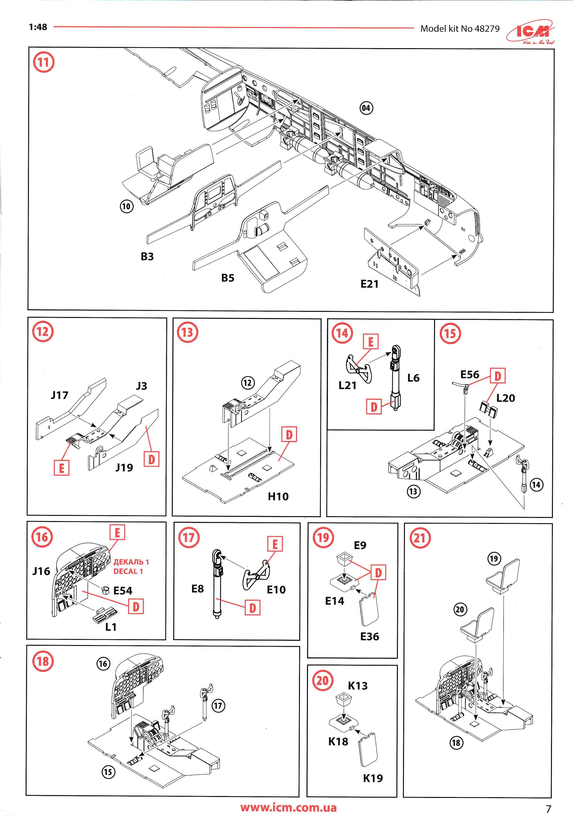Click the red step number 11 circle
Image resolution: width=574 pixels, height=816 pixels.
coord(43,62)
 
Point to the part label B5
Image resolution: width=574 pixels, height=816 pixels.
coord(228,278)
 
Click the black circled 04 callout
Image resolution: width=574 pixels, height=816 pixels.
coord(366,108)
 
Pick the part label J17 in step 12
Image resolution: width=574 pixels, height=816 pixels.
coord(59,395)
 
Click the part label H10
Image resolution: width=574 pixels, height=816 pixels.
coord(278,496)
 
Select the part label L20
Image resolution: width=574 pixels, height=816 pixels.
coord(505,398)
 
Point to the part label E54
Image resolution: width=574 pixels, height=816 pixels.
coord(123,591)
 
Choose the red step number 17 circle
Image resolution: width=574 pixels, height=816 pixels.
coord(189,538)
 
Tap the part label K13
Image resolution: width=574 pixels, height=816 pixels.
coord(357,686)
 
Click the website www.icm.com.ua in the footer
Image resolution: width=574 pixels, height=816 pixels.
coord(288,808)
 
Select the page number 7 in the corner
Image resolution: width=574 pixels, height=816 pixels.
coord(548,808)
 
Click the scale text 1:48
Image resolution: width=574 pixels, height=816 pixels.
coord(38,27)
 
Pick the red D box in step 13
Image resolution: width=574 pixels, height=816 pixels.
coord(289,434)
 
